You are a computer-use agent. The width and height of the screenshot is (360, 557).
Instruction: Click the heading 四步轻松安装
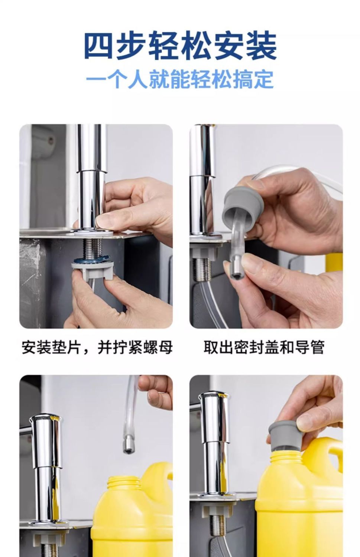coord(181,46)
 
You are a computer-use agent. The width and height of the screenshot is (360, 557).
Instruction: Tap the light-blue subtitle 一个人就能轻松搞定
coord(180,79)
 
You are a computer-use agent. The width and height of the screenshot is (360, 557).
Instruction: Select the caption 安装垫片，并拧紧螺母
coord(97,347)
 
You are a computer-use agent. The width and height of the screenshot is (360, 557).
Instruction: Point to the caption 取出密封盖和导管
coord(264,347)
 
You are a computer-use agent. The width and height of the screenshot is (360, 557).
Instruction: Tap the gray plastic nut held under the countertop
coord(93,270)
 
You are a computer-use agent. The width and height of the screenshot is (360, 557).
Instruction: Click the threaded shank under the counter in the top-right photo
coord(203,270)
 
